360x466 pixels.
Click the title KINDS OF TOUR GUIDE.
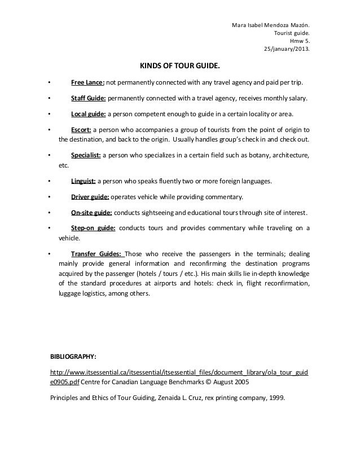click(x=180, y=67)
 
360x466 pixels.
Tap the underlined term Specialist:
click(x=86, y=155)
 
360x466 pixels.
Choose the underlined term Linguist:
click(x=84, y=182)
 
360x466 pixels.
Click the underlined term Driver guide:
click(x=90, y=197)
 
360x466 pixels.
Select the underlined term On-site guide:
click(x=91, y=213)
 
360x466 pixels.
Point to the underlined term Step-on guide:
click(x=93, y=228)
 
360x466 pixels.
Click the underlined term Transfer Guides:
click(x=96, y=253)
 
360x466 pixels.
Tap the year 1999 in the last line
click(x=276, y=397)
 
